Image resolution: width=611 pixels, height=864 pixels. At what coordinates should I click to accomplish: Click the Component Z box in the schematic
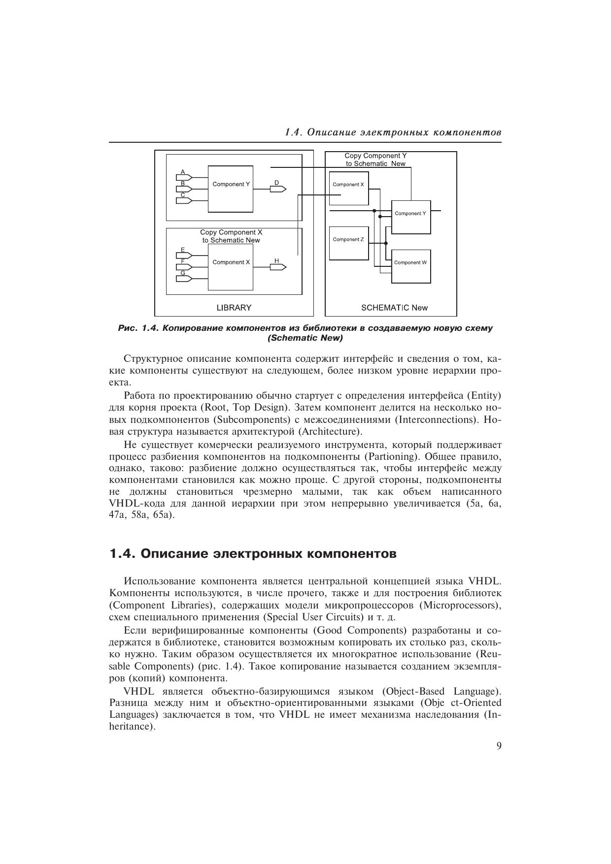click(x=348, y=243)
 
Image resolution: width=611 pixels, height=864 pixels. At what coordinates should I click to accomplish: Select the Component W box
click(x=411, y=266)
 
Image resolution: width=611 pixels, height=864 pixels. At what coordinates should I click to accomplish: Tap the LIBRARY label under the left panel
click(x=234, y=308)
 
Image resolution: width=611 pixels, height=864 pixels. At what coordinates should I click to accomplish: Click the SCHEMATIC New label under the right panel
click(x=394, y=308)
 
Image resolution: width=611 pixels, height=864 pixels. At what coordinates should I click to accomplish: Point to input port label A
click(x=183, y=172)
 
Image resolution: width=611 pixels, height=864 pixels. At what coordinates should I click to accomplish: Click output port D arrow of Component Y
click(x=278, y=189)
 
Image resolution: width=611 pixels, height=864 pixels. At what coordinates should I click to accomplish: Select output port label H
click(x=277, y=260)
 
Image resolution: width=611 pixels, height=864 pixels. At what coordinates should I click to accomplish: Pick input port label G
click(x=183, y=273)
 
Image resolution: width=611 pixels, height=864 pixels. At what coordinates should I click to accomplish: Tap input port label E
click(x=183, y=250)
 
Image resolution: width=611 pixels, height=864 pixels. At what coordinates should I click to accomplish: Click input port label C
click(x=183, y=195)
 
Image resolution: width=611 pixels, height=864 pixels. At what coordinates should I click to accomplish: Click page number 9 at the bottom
click(x=499, y=746)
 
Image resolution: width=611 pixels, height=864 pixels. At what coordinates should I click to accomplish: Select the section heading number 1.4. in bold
click(x=122, y=554)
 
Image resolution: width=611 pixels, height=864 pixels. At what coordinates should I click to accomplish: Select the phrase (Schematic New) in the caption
click(x=305, y=338)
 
